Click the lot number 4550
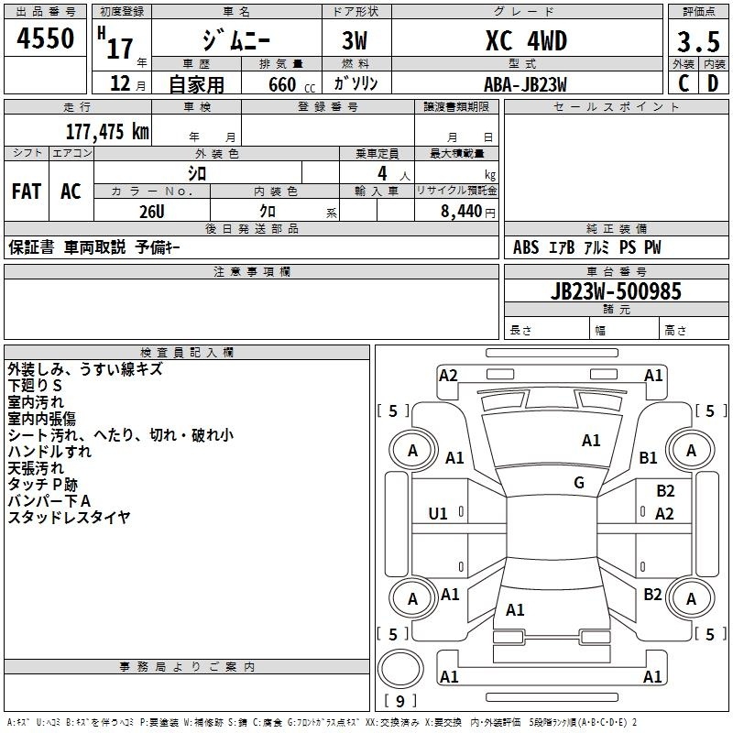point(45,38)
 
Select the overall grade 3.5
point(698,42)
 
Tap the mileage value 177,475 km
point(107,131)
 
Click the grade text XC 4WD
point(526,40)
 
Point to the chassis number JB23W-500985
point(616,290)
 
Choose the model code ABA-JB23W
point(525,84)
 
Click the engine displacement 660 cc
point(291,84)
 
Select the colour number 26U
point(152,212)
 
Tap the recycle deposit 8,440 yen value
point(467,212)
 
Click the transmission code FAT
point(27,191)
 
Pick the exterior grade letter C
point(684,83)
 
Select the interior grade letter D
point(713,83)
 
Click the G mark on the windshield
point(579,482)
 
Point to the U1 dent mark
point(438,514)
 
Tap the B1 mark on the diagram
point(648,457)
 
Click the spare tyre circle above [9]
point(400,669)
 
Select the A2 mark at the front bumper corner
point(448,376)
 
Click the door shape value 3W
point(355,40)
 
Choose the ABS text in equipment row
point(526,247)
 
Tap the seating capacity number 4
point(382,173)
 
